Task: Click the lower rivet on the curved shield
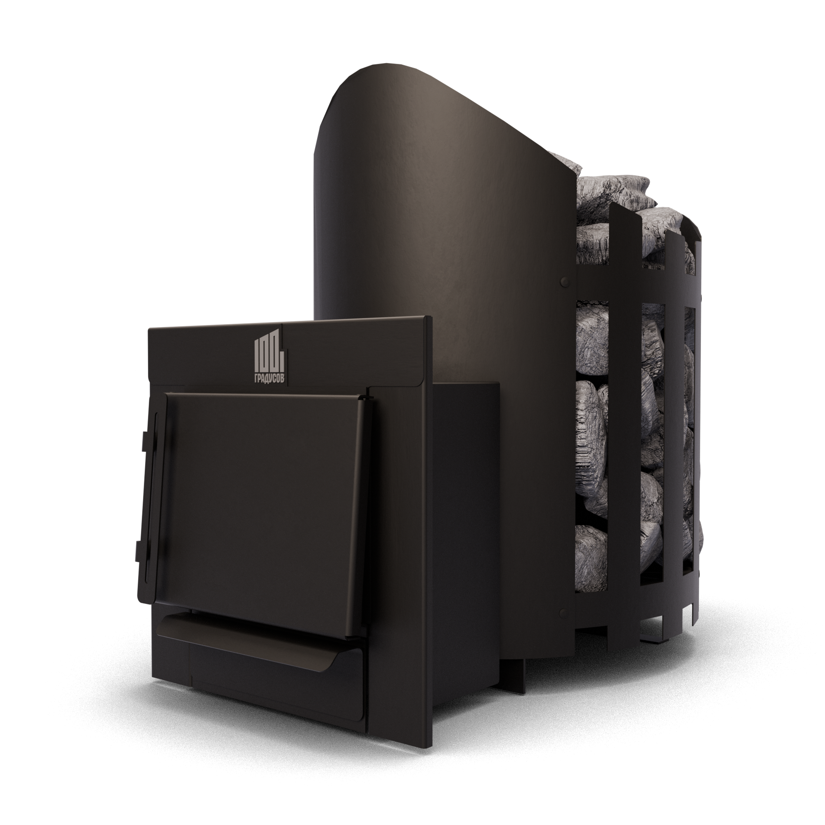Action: click(564, 614)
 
